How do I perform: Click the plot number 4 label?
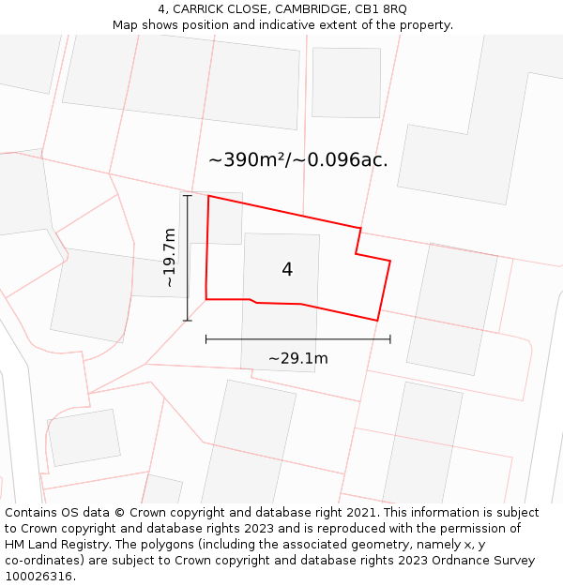[x=287, y=270]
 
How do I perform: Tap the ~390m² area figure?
[x=246, y=160]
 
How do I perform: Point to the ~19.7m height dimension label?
[x=169, y=258]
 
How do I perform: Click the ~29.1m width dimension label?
[x=298, y=358]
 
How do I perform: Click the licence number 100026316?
[x=39, y=577]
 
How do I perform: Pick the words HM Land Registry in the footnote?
[x=51, y=545]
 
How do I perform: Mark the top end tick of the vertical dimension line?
[x=188, y=196]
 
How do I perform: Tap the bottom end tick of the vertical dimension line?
[x=188, y=321]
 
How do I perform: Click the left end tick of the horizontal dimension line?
[x=206, y=339]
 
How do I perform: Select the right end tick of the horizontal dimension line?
[x=390, y=339]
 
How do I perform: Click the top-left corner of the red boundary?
[x=208, y=196]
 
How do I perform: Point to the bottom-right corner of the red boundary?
[x=377, y=321]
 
